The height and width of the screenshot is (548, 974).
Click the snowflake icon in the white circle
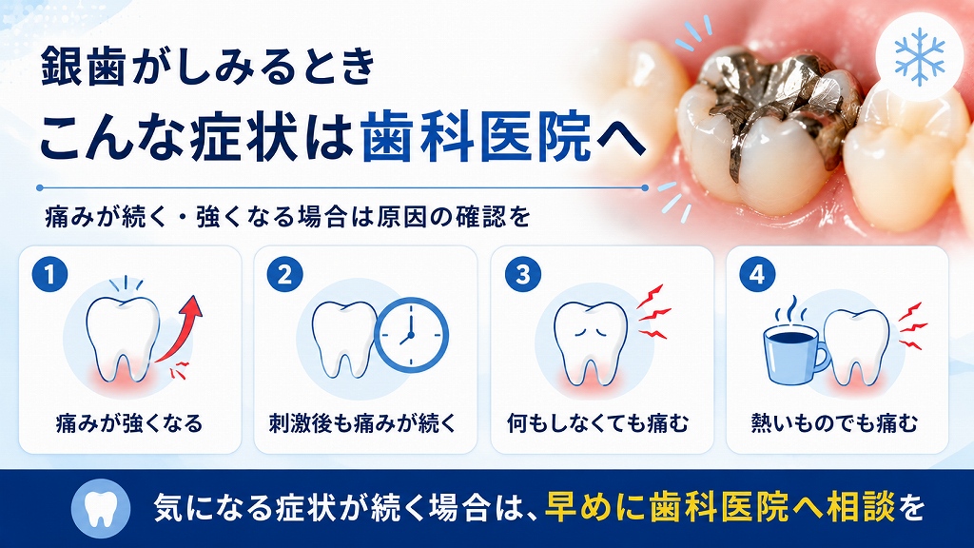(920, 56)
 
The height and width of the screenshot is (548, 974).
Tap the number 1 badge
(49, 273)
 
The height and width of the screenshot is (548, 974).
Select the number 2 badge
(285, 273)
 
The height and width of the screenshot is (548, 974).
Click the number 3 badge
(522, 273)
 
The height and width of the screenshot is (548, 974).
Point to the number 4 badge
(757, 273)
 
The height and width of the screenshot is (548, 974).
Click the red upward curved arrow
(184, 330)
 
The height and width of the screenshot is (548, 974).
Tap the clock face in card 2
(411, 335)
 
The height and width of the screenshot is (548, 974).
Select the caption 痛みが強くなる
(129, 423)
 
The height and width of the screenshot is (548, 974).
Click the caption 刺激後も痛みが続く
(363, 423)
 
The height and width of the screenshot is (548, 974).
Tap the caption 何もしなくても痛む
(598, 423)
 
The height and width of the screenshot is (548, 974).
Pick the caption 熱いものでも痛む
(834, 423)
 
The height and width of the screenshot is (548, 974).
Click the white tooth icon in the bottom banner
(101, 508)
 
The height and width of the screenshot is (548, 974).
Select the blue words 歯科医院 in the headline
(477, 136)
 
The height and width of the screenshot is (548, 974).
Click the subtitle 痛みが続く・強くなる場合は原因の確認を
(288, 217)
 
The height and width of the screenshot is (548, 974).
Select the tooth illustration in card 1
(123, 337)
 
